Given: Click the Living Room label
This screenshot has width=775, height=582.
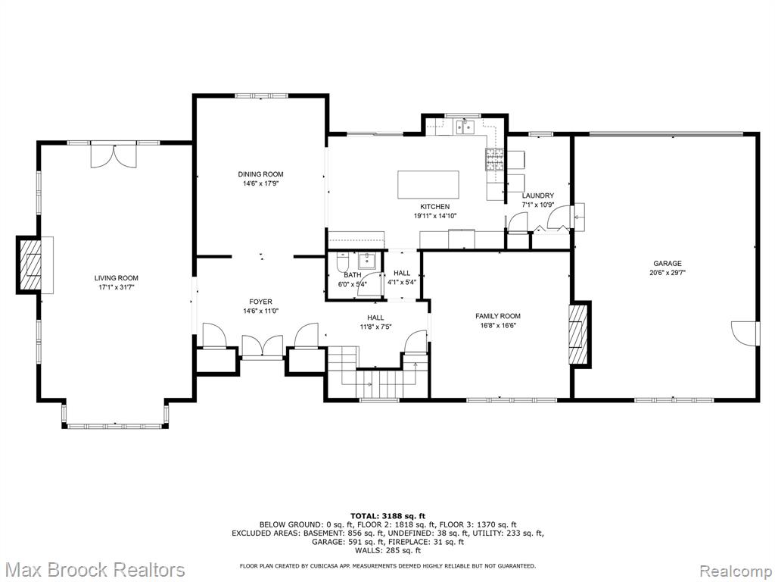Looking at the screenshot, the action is coord(116,278).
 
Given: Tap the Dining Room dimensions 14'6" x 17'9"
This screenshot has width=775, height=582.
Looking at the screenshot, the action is coord(260,183).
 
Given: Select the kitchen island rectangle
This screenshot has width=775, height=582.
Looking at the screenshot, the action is coord(428,185).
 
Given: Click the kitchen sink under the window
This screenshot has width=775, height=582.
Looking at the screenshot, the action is coord(465,127).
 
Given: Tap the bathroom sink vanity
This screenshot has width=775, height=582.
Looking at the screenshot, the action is coord(366,261).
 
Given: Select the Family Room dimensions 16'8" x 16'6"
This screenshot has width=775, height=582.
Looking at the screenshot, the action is coord(498,325).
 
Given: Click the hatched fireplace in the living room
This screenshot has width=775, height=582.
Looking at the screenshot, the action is coord(30,264).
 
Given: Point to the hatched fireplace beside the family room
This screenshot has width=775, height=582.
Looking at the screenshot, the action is coord(580,334).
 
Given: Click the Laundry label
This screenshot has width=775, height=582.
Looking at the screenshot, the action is coord(538,196).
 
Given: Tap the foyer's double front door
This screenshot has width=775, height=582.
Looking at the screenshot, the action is coord(263,346).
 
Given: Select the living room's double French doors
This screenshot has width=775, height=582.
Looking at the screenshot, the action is coord(114,155).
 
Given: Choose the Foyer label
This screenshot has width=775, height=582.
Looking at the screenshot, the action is coord(260,302).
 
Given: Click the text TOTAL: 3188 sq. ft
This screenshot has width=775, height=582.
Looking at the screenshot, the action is coord(387,516).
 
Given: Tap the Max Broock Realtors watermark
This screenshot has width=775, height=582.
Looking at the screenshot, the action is coord(93,569).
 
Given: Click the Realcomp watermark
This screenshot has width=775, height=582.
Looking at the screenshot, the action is coord(736,570).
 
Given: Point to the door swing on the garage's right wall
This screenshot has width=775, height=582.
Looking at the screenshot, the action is coord(745,333).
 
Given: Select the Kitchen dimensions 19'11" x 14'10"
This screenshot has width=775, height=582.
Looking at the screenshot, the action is coord(435,216).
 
